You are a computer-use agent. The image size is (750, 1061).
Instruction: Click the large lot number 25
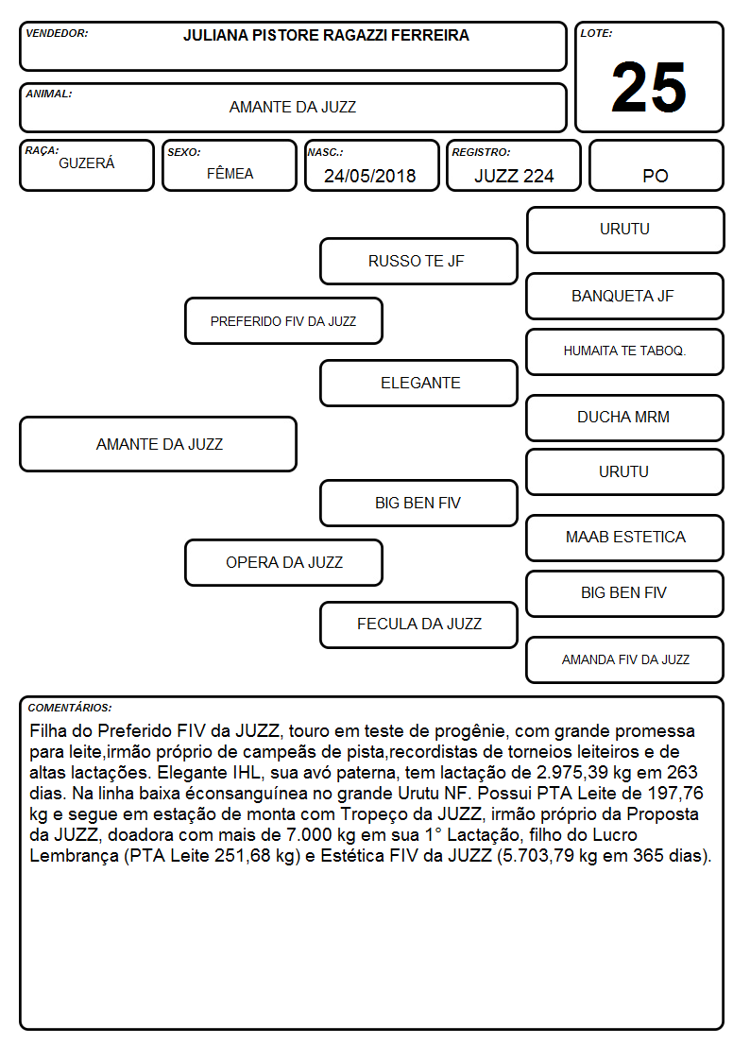649,87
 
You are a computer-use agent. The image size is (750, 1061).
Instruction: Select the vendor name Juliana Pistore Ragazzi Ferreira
326,35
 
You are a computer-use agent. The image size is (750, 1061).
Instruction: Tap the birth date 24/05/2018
370,176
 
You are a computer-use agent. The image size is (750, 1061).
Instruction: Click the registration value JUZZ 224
514,176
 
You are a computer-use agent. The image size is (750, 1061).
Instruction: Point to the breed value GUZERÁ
87,163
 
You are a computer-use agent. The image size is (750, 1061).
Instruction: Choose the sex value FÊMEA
230,174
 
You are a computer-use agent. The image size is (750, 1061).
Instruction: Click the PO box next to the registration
656,166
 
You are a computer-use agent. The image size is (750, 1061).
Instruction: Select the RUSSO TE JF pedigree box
418,261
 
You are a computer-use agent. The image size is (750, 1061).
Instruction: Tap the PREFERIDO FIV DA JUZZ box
283,320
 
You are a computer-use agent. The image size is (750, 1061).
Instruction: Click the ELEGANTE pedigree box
418,383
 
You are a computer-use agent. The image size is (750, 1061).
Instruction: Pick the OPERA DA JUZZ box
283,562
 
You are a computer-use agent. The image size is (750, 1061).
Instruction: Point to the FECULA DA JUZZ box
418,625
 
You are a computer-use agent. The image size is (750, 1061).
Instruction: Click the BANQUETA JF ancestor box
625,296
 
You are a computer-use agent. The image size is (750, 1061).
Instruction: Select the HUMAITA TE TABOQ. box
625,351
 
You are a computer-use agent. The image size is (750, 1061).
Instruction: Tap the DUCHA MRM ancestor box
625,418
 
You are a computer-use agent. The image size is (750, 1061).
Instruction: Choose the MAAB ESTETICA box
625,538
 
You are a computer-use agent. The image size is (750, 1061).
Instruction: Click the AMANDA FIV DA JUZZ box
625,659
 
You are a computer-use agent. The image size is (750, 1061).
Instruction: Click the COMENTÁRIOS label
70,708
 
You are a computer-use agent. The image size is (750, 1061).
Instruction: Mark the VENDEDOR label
57,33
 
